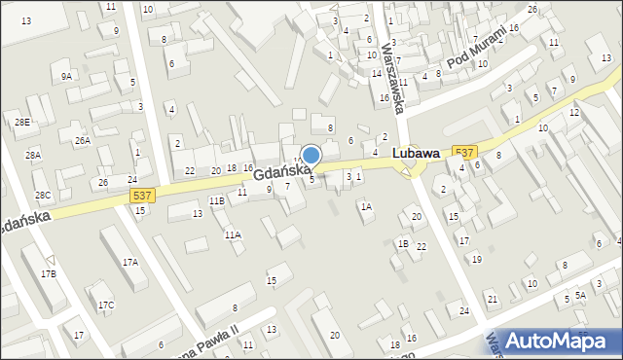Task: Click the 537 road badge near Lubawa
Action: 465,152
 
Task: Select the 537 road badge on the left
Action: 141,196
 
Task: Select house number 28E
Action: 22,122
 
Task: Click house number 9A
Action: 66,76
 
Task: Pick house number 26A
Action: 83,141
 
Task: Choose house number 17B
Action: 48,274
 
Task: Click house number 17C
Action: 105,306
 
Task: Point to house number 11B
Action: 217,200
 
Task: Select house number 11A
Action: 233,235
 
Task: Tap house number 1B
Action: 403,243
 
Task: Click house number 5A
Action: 580,295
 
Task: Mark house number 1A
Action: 366,206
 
